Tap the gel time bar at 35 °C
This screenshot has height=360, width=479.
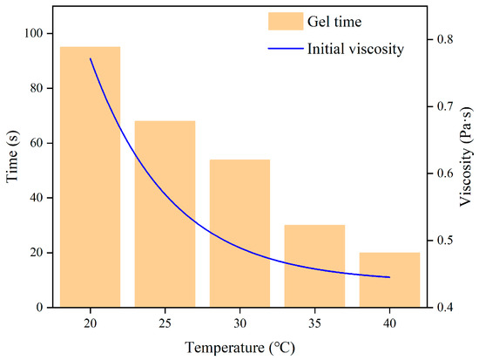314,266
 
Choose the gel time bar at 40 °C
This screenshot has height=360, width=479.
389,280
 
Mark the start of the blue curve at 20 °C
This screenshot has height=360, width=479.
91,58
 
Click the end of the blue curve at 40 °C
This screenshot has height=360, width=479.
389,277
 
